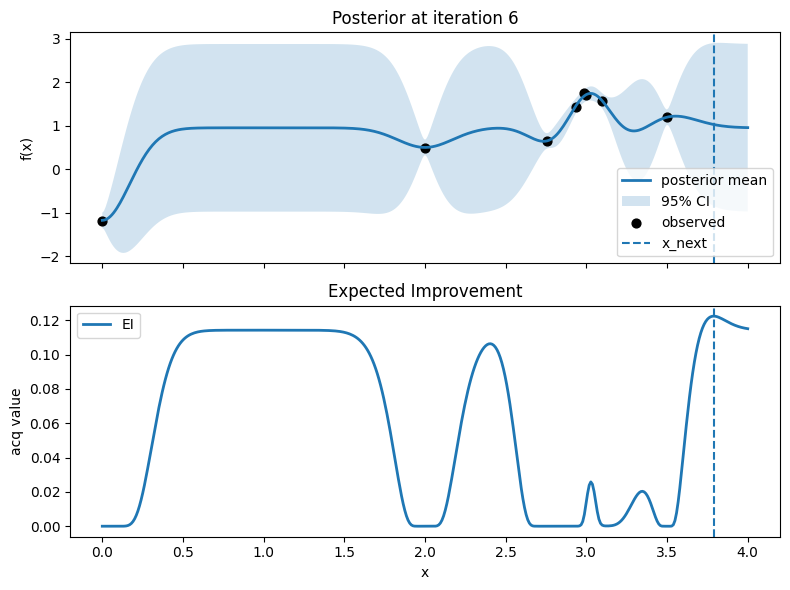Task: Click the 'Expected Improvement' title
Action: click(x=425, y=291)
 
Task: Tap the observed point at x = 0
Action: click(x=102, y=221)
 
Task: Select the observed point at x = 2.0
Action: click(x=425, y=148)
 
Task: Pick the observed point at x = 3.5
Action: click(x=668, y=117)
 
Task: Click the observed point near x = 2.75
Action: click(x=547, y=141)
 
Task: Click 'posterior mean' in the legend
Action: click(x=714, y=181)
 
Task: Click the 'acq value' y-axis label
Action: click(x=16, y=420)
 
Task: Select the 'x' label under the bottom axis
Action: click(x=425, y=572)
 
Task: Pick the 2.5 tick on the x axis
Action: click(x=506, y=551)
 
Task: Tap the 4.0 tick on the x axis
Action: click(x=748, y=551)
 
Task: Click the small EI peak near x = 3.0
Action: click(x=591, y=482)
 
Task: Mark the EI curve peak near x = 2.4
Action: click(x=490, y=344)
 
